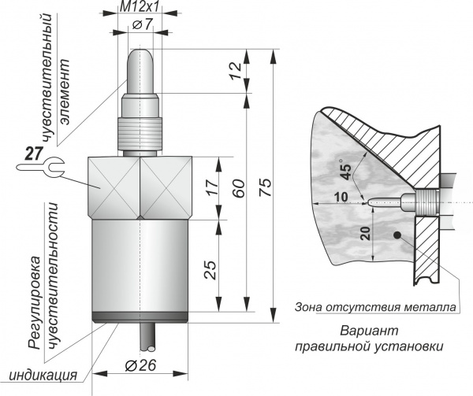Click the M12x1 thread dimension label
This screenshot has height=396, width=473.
140,7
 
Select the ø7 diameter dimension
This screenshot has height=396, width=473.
142,26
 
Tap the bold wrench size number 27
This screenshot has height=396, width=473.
32,153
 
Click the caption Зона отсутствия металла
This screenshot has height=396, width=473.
375,306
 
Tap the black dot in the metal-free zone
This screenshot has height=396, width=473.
399,235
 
